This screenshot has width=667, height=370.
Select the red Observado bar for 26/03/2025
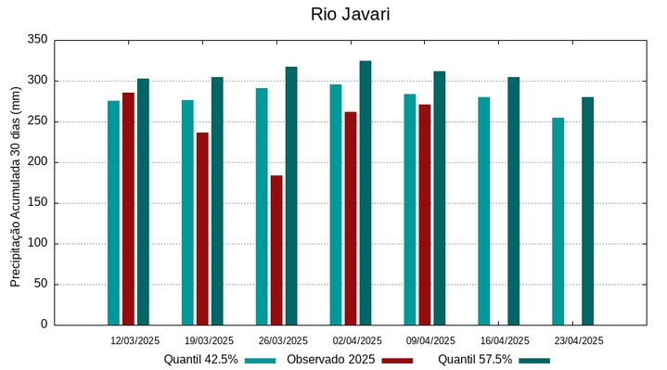pos(276,249)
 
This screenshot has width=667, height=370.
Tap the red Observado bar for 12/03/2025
pos(128,209)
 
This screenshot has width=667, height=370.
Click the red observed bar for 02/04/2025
pos(351,218)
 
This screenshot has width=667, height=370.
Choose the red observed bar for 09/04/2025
pos(424,214)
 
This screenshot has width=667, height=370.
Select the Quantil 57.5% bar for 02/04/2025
pos(366,193)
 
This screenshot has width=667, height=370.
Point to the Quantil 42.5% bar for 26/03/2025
pos(262,206)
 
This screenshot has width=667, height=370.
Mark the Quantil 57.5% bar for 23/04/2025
pos(587,211)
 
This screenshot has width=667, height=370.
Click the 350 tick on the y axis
pos(37,40)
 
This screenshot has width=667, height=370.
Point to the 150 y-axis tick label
pos(37,203)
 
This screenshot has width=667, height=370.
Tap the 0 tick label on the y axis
pos(44,325)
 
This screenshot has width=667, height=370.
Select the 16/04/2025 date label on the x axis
pos(505,340)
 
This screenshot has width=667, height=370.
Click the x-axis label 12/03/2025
pos(135,340)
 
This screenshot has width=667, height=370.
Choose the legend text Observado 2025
pos(330,359)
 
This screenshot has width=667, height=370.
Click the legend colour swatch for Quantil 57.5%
pos(533,360)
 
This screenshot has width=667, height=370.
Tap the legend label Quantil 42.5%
pos(200,359)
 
